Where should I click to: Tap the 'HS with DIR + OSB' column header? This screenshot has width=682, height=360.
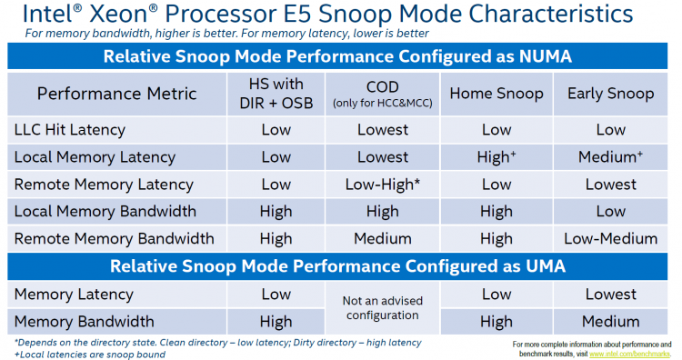tap(276, 93)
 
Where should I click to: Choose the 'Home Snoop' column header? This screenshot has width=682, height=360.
tap(496, 93)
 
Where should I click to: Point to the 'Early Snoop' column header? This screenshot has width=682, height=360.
tap(610, 93)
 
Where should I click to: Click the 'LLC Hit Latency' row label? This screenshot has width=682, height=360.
tap(71, 130)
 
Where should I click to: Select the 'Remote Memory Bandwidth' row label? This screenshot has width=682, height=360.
tap(114, 239)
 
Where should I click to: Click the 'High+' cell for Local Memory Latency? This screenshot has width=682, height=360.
tap(496, 157)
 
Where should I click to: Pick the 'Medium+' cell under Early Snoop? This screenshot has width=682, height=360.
tap(610, 157)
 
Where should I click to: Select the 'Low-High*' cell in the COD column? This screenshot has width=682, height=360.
tap(383, 185)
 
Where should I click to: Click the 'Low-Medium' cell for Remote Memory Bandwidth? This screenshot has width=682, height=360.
tap(610, 239)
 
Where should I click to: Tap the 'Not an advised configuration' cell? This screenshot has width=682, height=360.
tap(383, 307)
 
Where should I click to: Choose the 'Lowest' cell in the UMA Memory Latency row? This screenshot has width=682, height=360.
tap(610, 294)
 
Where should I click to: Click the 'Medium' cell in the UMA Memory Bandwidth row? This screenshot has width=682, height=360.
tap(610, 321)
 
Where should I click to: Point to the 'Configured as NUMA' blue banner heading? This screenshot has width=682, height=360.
tap(341, 56)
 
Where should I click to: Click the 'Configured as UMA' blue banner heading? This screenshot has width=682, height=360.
tap(341, 266)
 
